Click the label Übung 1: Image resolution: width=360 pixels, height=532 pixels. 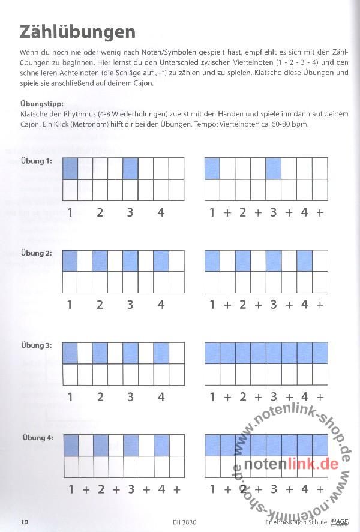point(37,161)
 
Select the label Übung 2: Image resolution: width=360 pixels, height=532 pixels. point(37,253)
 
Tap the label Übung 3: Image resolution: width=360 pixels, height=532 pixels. point(37,345)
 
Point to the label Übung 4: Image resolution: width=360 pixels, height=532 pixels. point(37,438)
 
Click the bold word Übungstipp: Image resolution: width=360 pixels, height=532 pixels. point(41,104)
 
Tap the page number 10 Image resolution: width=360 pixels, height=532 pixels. point(25,522)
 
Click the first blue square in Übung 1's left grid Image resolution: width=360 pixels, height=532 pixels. point(70,168)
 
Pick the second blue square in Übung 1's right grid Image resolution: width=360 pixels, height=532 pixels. point(274,168)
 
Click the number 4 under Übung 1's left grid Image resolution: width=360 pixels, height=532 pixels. point(161,212)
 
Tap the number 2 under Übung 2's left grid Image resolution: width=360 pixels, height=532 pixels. point(100,305)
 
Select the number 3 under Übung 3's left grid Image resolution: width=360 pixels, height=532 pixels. point(130,397)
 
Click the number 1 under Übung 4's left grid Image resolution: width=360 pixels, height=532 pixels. point(70,489)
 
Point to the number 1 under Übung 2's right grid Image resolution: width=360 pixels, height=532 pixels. point(212,305)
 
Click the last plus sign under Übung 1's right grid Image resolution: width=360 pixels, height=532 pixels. point(320,212)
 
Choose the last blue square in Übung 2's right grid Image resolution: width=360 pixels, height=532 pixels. point(304,260)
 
